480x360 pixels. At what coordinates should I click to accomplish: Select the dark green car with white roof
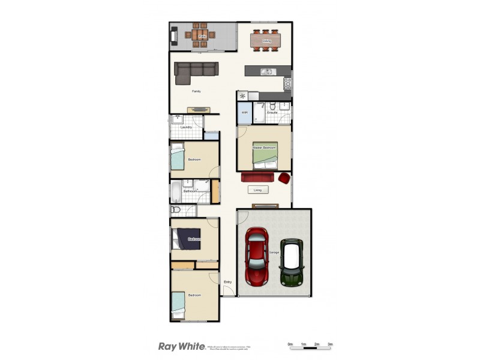point(293,263)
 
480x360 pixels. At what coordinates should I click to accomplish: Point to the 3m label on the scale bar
point(331,344)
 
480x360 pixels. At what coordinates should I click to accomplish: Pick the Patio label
point(202,37)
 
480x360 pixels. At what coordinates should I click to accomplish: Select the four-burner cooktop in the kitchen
point(287,83)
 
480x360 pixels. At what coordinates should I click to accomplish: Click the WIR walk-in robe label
point(245,112)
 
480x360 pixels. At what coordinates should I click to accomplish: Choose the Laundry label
point(186,127)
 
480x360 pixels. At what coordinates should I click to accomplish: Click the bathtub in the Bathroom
point(173,192)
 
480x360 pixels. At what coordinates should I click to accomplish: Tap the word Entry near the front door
point(227,282)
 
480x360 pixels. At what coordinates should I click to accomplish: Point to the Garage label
point(274,252)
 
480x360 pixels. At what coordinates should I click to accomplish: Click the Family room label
point(196,91)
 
